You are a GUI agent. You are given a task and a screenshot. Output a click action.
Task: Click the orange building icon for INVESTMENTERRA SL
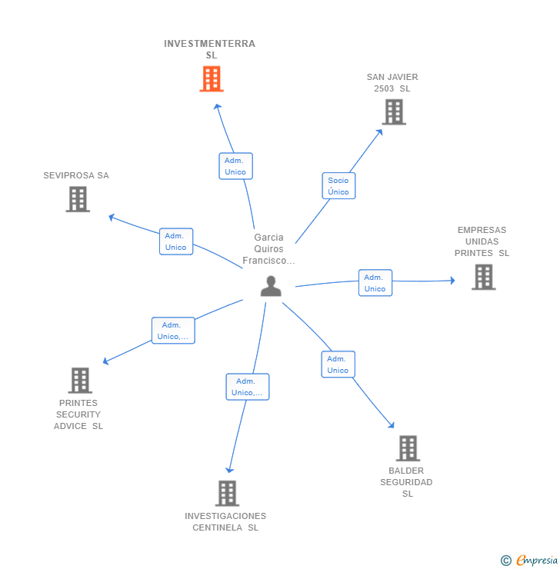click(212, 78)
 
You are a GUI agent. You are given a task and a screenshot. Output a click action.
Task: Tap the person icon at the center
click(271, 286)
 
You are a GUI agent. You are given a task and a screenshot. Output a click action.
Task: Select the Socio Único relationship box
click(338, 186)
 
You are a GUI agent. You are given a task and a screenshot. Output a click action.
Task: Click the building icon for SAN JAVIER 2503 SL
click(394, 112)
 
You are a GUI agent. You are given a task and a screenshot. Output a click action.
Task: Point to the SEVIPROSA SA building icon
click(78, 199)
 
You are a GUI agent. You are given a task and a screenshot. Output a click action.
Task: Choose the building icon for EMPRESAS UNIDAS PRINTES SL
click(483, 278)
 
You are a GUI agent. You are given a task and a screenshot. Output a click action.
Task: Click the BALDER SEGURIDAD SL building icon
click(408, 448)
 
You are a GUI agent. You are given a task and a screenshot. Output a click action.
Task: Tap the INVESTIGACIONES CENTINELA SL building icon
click(227, 493)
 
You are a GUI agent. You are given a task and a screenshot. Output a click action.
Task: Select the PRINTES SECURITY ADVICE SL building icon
click(80, 381)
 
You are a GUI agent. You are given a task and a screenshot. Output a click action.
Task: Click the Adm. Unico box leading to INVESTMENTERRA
click(235, 166)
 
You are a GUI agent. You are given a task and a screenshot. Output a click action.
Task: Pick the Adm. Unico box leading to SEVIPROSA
click(176, 241)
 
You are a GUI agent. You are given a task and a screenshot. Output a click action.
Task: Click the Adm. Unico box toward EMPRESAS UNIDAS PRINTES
click(375, 283)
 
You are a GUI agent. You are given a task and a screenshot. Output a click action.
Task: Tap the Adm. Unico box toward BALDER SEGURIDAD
click(338, 364)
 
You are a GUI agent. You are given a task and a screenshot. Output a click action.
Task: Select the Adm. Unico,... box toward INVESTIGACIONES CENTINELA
click(248, 387)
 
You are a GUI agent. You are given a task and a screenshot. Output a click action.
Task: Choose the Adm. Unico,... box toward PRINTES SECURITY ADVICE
click(173, 331)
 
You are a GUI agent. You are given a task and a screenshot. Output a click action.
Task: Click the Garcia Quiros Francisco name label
click(268, 249)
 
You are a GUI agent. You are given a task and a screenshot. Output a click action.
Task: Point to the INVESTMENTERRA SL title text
click(210, 49)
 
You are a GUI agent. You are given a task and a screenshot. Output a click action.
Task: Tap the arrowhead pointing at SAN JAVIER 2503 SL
click(379, 132)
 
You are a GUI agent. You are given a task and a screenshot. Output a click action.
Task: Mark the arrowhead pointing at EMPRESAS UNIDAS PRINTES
click(452, 281)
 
